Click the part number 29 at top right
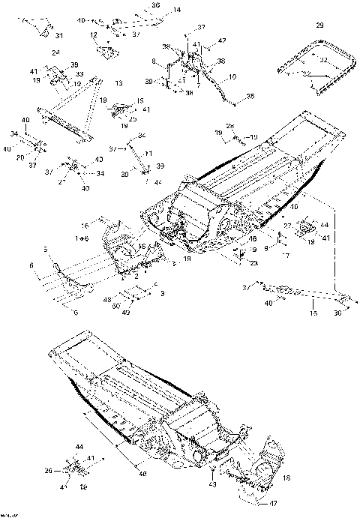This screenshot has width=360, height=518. (x=320, y=25)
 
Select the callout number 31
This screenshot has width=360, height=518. (x=59, y=35)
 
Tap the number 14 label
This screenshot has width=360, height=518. (x=177, y=10)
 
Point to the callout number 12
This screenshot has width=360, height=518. (x=94, y=35)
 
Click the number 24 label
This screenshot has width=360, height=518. (x=55, y=53)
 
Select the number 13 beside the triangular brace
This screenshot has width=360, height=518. (x=118, y=82)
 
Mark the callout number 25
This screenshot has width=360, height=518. (x=132, y=118)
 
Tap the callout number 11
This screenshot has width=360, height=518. (x=148, y=153)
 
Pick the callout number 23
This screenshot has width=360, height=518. (x=255, y=262)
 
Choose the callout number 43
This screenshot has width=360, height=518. (x=214, y=486)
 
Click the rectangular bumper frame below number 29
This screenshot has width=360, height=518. (x=315, y=69)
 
